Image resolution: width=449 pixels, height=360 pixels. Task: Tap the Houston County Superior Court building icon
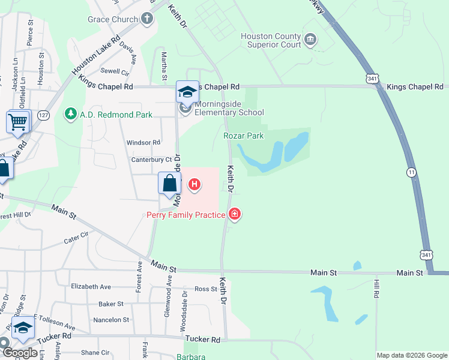click(310, 40)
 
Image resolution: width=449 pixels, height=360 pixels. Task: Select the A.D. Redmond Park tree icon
click(70, 114)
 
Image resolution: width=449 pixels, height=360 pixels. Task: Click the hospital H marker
click(194, 184)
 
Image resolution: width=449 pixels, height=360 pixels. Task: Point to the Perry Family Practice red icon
click(235, 214)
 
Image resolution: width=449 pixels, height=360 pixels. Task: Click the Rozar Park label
click(243, 136)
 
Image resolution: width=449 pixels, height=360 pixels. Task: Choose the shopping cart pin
click(18, 122)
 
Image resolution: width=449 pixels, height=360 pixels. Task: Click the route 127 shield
click(43, 115)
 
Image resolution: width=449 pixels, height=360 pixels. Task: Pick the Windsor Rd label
click(143, 142)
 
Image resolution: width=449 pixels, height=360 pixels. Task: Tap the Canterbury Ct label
click(152, 160)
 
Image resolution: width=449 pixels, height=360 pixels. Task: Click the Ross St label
click(205, 289)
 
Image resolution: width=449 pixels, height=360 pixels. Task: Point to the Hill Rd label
click(377, 288)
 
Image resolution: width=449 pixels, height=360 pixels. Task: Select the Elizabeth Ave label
click(91, 287)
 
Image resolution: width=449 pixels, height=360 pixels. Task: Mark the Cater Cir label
click(77, 238)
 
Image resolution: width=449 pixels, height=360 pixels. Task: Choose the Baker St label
click(111, 304)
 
